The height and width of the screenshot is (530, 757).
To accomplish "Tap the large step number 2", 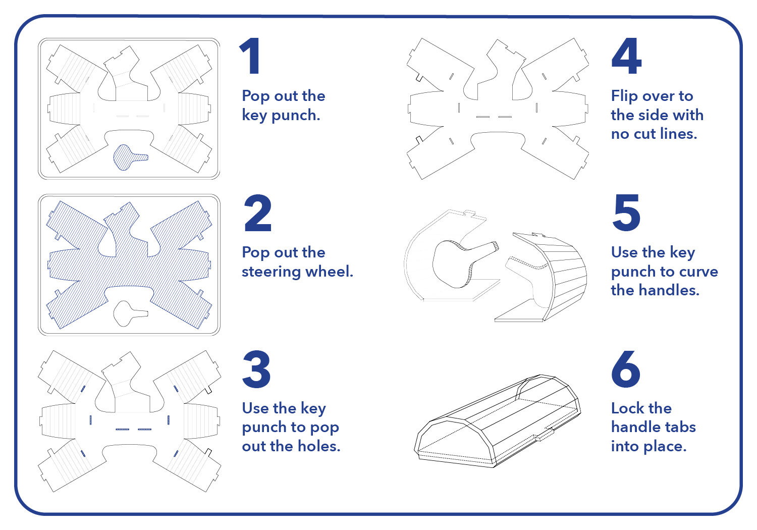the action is click(257, 213).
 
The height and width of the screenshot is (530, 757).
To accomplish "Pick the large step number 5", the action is click(626, 213).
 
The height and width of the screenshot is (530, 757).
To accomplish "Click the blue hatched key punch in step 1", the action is click(128, 157).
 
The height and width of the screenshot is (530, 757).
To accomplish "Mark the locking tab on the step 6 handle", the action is click(545, 434).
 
